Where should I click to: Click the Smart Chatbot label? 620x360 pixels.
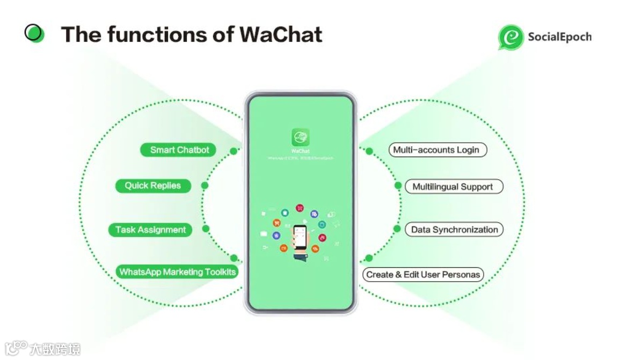(178, 150)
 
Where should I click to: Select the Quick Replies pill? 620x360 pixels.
(153, 186)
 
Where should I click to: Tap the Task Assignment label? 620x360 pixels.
(150, 230)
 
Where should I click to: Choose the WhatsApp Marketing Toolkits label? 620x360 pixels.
(177, 272)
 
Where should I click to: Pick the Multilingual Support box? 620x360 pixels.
(453, 187)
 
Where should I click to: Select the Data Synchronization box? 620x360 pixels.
(454, 230)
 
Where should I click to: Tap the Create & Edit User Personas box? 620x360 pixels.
(423, 275)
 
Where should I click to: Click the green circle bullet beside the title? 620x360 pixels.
(34, 33)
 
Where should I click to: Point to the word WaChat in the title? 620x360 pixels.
(281, 34)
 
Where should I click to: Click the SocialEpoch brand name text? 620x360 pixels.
(559, 37)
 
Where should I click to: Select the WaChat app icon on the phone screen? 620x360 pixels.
(301, 136)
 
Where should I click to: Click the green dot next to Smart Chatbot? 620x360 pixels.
(234, 151)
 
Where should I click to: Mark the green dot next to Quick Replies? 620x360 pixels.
(205, 186)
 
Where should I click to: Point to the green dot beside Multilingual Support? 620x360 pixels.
(398, 186)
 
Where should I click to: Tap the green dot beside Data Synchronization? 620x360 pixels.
(397, 229)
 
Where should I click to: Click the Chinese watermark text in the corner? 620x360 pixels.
(54, 349)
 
